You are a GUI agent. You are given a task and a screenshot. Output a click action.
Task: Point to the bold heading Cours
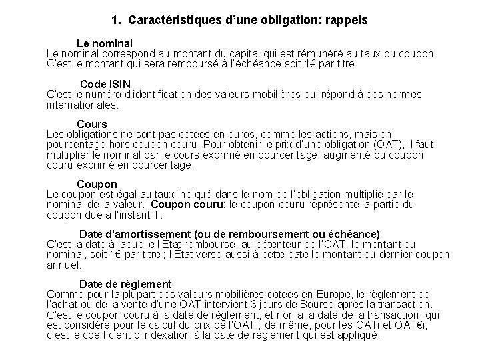92,124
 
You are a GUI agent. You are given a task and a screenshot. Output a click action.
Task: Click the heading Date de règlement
125,284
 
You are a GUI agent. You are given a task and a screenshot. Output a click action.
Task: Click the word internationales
83,105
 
